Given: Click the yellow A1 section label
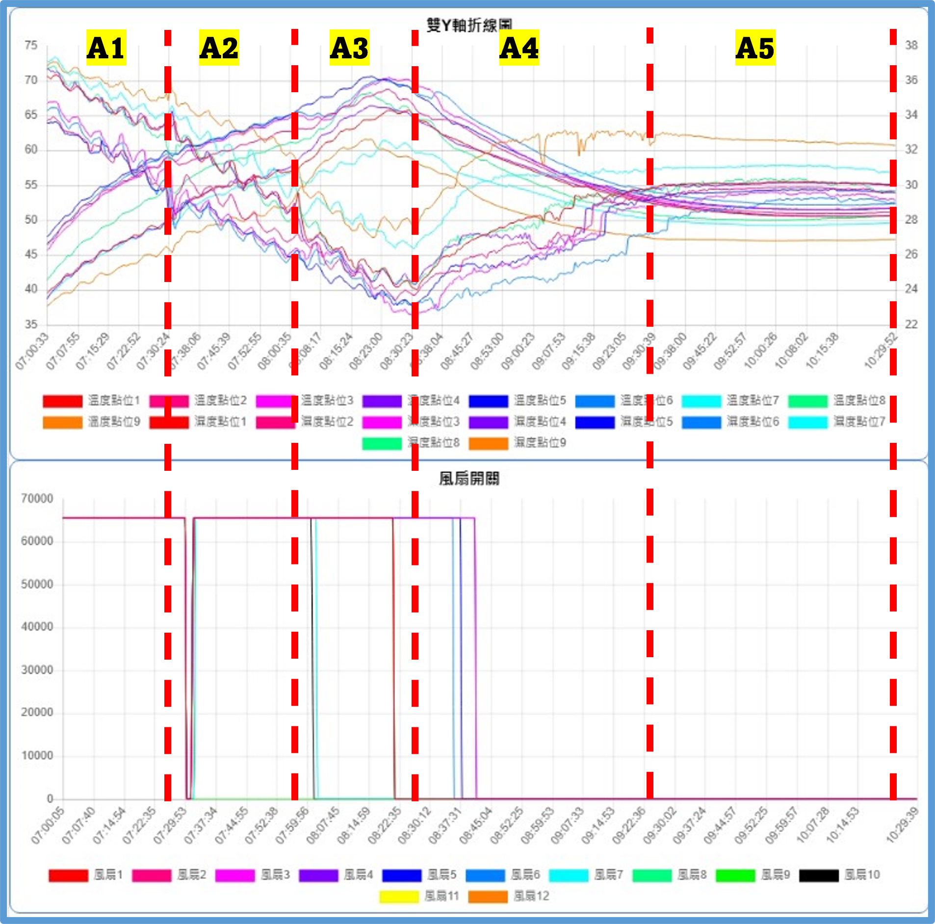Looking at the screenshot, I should tap(106, 48).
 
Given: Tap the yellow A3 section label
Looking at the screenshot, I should tap(349, 48).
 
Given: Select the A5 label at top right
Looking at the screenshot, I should tap(755, 48).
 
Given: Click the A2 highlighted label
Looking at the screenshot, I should tap(219, 48).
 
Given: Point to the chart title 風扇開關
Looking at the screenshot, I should tap(469, 478).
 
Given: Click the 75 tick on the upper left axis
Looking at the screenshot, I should tap(31, 45).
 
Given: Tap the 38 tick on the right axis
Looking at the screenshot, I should tap(911, 45).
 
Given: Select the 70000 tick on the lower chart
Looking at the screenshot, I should tap(37, 499).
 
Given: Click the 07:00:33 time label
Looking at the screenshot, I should tap(32, 351).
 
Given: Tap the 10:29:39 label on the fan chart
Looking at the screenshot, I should tap(902, 826).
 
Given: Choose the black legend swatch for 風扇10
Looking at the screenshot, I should tap(818, 875).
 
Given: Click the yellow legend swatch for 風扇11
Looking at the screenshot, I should tap(398, 897).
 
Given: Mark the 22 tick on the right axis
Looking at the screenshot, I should tap(911, 324).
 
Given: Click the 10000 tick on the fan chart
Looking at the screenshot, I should tap(37, 756).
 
